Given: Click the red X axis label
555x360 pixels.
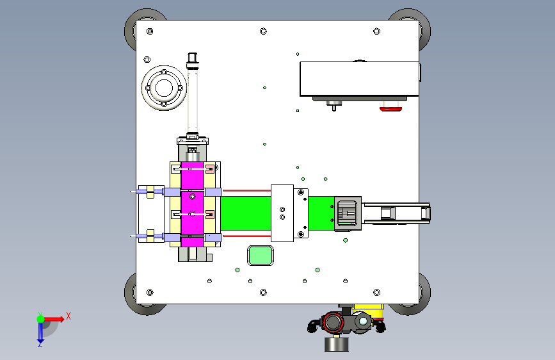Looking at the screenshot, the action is pos(68,316).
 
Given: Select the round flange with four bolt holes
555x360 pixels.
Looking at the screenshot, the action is pos(164,88).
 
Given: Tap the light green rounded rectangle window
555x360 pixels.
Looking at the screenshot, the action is pos(261,256).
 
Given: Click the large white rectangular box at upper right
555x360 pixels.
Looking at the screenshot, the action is pos(360,79).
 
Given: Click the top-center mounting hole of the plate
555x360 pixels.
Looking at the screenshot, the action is pos(263,31).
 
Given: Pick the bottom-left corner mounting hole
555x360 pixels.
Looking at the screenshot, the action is pos(150,292).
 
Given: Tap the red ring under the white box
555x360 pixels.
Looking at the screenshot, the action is pos(390,109).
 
